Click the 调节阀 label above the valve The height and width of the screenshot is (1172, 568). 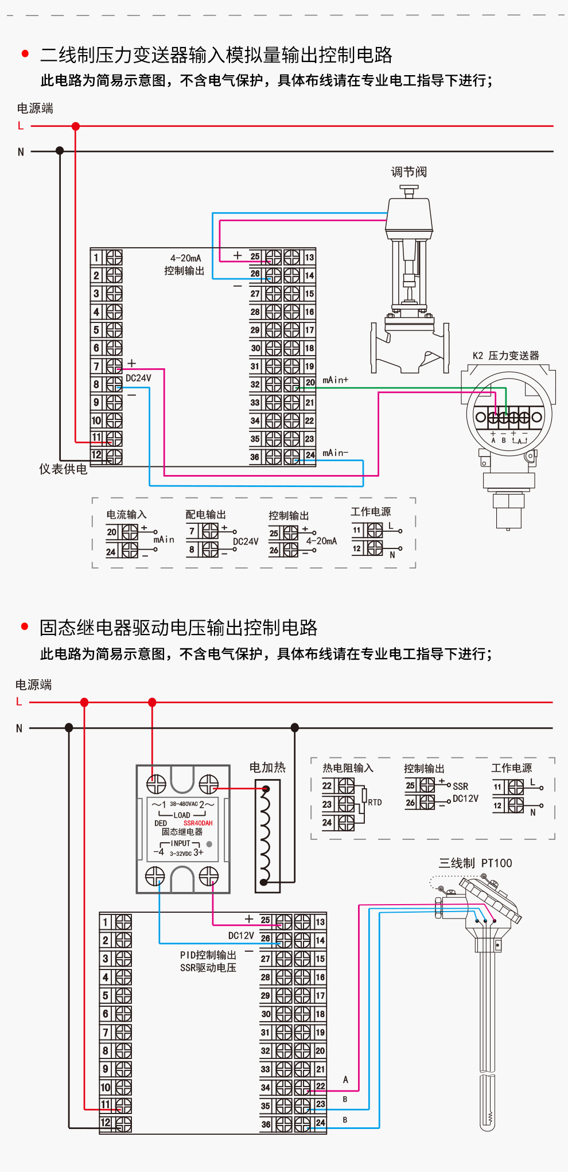[409, 172]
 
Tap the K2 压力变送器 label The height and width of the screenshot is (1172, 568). [505, 356]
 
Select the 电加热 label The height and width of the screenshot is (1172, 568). [267, 768]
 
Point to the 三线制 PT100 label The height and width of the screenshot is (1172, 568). [475, 863]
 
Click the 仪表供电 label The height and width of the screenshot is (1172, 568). [63, 469]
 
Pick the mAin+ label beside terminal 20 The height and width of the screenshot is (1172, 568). [335, 380]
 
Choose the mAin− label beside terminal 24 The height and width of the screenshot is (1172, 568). [335, 453]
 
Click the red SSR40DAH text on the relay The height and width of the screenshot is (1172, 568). [198, 823]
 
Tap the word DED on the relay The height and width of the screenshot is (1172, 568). [161, 823]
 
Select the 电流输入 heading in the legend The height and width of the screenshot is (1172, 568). [126, 515]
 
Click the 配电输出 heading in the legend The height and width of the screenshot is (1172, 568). [205, 515]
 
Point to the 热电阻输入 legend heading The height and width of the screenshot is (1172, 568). [348, 768]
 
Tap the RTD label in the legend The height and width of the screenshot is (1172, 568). [375, 803]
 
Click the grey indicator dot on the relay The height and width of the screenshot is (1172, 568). [209, 844]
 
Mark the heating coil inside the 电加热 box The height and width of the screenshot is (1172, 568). [264, 835]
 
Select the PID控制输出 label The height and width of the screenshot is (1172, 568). [208, 955]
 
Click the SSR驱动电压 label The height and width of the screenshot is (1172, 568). [208, 968]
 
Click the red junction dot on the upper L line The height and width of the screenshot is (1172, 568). [76, 126]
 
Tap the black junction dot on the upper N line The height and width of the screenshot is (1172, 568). [60, 151]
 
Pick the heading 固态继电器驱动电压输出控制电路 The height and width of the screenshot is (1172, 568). [178, 628]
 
